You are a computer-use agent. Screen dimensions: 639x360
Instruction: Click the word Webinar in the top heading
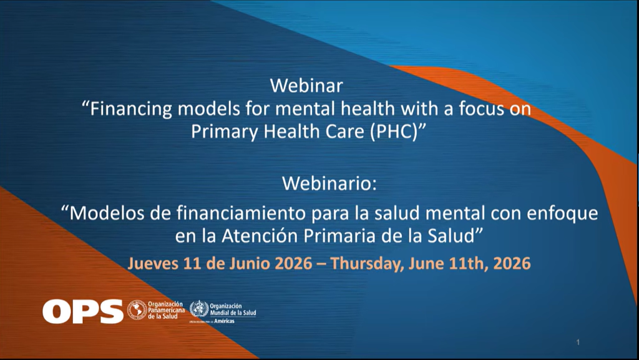pos(306,86)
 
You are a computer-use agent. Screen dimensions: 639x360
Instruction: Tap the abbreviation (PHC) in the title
pos(394,132)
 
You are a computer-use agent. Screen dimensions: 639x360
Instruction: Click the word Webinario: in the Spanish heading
pos(329,183)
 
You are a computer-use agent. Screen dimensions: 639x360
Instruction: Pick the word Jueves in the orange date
pos(153,263)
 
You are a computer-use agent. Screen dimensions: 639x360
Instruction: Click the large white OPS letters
pos(83,311)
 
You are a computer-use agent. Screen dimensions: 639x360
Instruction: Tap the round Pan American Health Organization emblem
pos(137,310)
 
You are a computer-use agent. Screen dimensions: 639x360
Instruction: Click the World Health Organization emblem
pos(199,309)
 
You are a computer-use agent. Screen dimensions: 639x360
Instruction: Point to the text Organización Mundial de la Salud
pos(233,309)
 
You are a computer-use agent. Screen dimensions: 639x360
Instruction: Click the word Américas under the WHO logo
pos(224,321)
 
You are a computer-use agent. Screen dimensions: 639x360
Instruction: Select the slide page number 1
pos(578,343)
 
